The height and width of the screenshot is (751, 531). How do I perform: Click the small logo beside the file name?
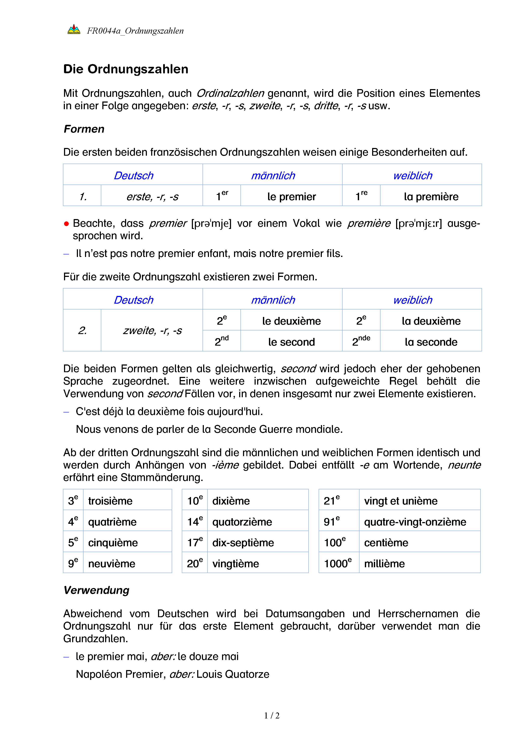(x=74, y=29)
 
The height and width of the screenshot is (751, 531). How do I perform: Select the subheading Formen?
(x=84, y=129)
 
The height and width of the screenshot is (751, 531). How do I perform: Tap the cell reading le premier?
(x=291, y=196)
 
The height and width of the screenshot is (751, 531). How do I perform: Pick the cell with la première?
(x=431, y=196)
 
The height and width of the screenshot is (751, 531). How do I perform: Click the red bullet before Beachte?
(x=66, y=224)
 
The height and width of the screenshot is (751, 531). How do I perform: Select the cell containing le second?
(x=291, y=342)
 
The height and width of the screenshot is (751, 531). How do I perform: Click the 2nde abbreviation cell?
(x=361, y=341)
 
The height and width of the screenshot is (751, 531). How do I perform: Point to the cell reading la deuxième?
(x=431, y=321)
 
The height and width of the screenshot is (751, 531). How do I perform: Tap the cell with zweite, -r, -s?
(x=152, y=330)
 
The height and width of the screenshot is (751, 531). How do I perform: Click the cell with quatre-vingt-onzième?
(x=415, y=522)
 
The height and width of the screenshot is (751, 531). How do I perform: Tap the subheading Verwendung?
(x=96, y=590)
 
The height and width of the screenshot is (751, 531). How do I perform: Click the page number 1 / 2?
(x=272, y=715)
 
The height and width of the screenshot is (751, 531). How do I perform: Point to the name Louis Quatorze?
(x=233, y=674)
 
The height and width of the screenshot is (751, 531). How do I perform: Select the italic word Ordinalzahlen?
(x=230, y=93)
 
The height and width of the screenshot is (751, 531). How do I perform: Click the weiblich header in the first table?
(x=412, y=175)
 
